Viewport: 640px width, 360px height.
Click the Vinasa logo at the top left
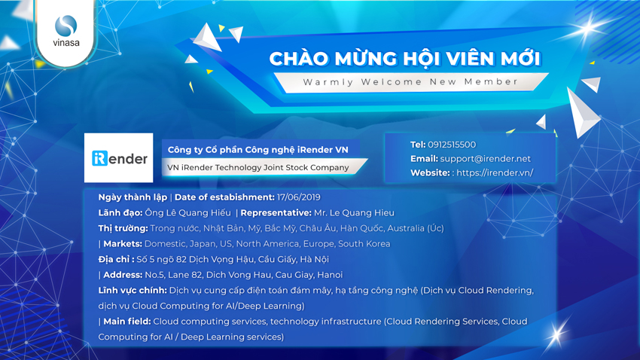pos(66,31)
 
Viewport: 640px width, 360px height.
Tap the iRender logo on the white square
pos(119,158)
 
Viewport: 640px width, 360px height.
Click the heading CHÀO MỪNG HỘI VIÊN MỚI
pos(405,58)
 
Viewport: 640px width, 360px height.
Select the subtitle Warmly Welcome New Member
pos(410,81)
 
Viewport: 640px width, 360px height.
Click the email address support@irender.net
pos(486,159)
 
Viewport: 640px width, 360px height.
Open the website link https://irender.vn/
pos(495,172)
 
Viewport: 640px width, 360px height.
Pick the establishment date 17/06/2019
pos(299,197)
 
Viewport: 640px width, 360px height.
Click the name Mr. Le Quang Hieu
pos(354,212)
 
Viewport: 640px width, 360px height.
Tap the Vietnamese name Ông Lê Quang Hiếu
pos(187,212)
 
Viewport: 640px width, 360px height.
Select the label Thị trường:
pos(123,228)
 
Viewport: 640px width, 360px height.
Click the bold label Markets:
pos(123,244)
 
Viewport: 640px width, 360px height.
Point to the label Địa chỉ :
pos(116,259)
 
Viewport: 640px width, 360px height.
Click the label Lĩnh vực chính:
pos(133,290)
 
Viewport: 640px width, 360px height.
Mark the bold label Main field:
pos(127,322)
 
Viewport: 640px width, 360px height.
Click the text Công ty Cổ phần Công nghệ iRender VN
pos(258,150)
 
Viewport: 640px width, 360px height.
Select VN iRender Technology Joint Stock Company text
pos(258,167)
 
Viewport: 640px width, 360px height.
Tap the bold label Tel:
pos(418,145)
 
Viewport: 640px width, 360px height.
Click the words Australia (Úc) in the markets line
pos(416,228)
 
